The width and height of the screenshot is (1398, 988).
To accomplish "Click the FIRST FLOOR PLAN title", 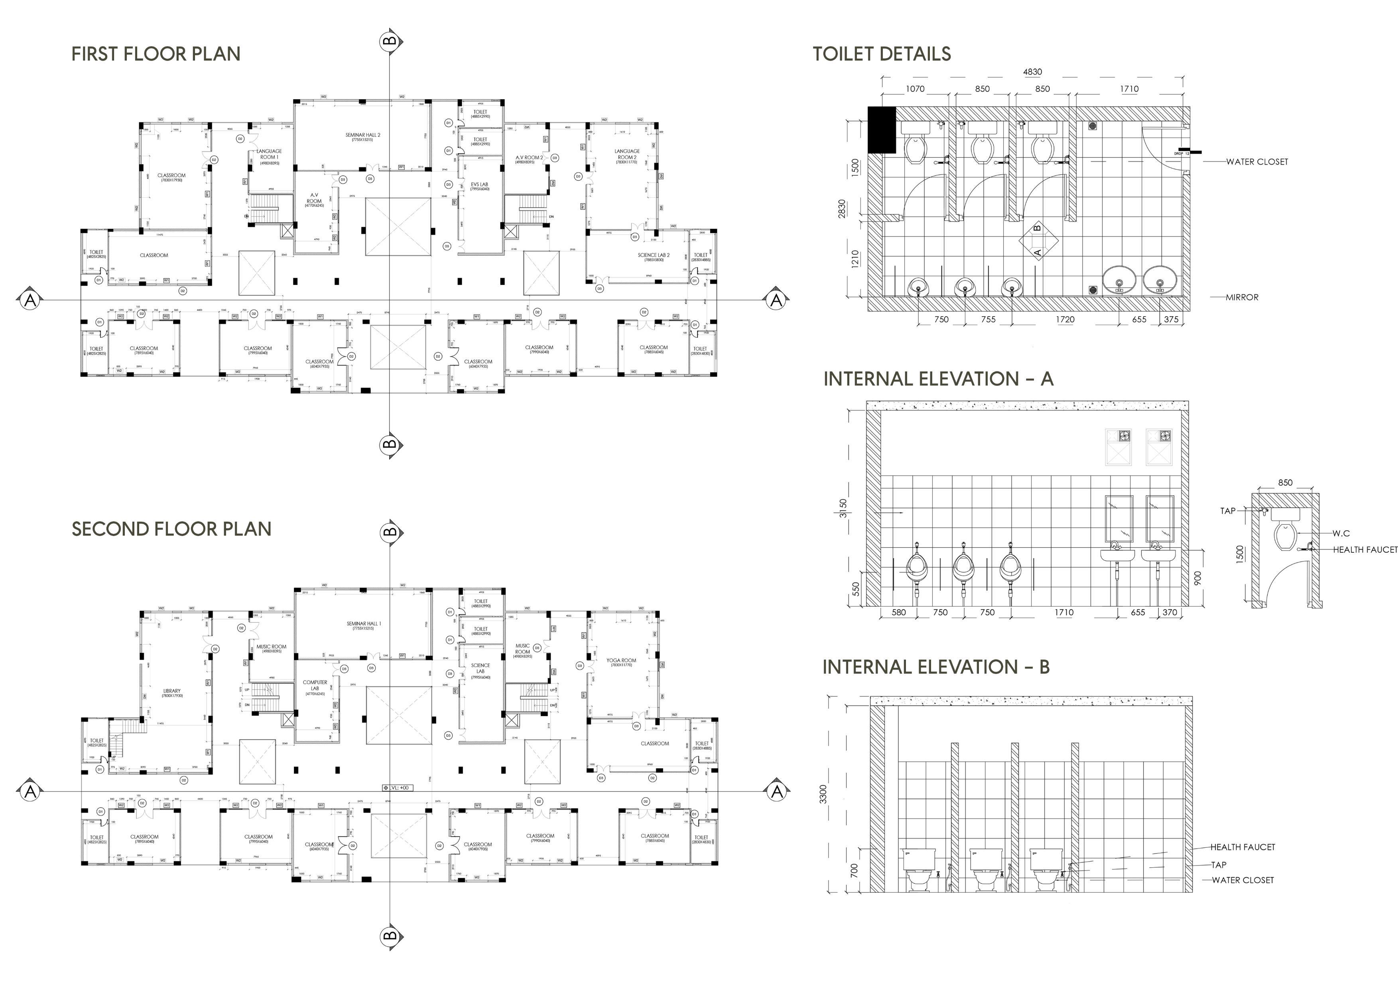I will (x=156, y=54).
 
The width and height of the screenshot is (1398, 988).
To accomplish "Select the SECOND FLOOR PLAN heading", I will (x=172, y=529).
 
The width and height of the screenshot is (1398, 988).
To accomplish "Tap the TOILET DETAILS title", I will (x=882, y=54).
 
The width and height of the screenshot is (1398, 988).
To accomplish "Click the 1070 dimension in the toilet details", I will (x=915, y=89).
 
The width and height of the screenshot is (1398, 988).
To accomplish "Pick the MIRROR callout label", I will (x=1242, y=297).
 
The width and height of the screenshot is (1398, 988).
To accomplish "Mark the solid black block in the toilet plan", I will (x=882, y=130).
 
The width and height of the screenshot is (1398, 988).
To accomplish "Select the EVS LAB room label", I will (x=479, y=185).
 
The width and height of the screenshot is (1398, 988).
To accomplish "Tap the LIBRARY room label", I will (x=172, y=691).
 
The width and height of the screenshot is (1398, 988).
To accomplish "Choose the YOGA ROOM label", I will (x=621, y=660).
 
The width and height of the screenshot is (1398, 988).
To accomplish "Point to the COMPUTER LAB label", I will (x=315, y=686).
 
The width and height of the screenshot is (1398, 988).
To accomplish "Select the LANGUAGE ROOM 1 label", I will (x=269, y=154).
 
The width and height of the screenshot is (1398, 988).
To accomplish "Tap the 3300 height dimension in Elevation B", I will (x=823, y=794).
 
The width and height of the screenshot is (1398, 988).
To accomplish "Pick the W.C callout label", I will (x=1341, y=533).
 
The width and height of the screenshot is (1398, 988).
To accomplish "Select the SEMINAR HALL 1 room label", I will (x=364, y=624).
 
